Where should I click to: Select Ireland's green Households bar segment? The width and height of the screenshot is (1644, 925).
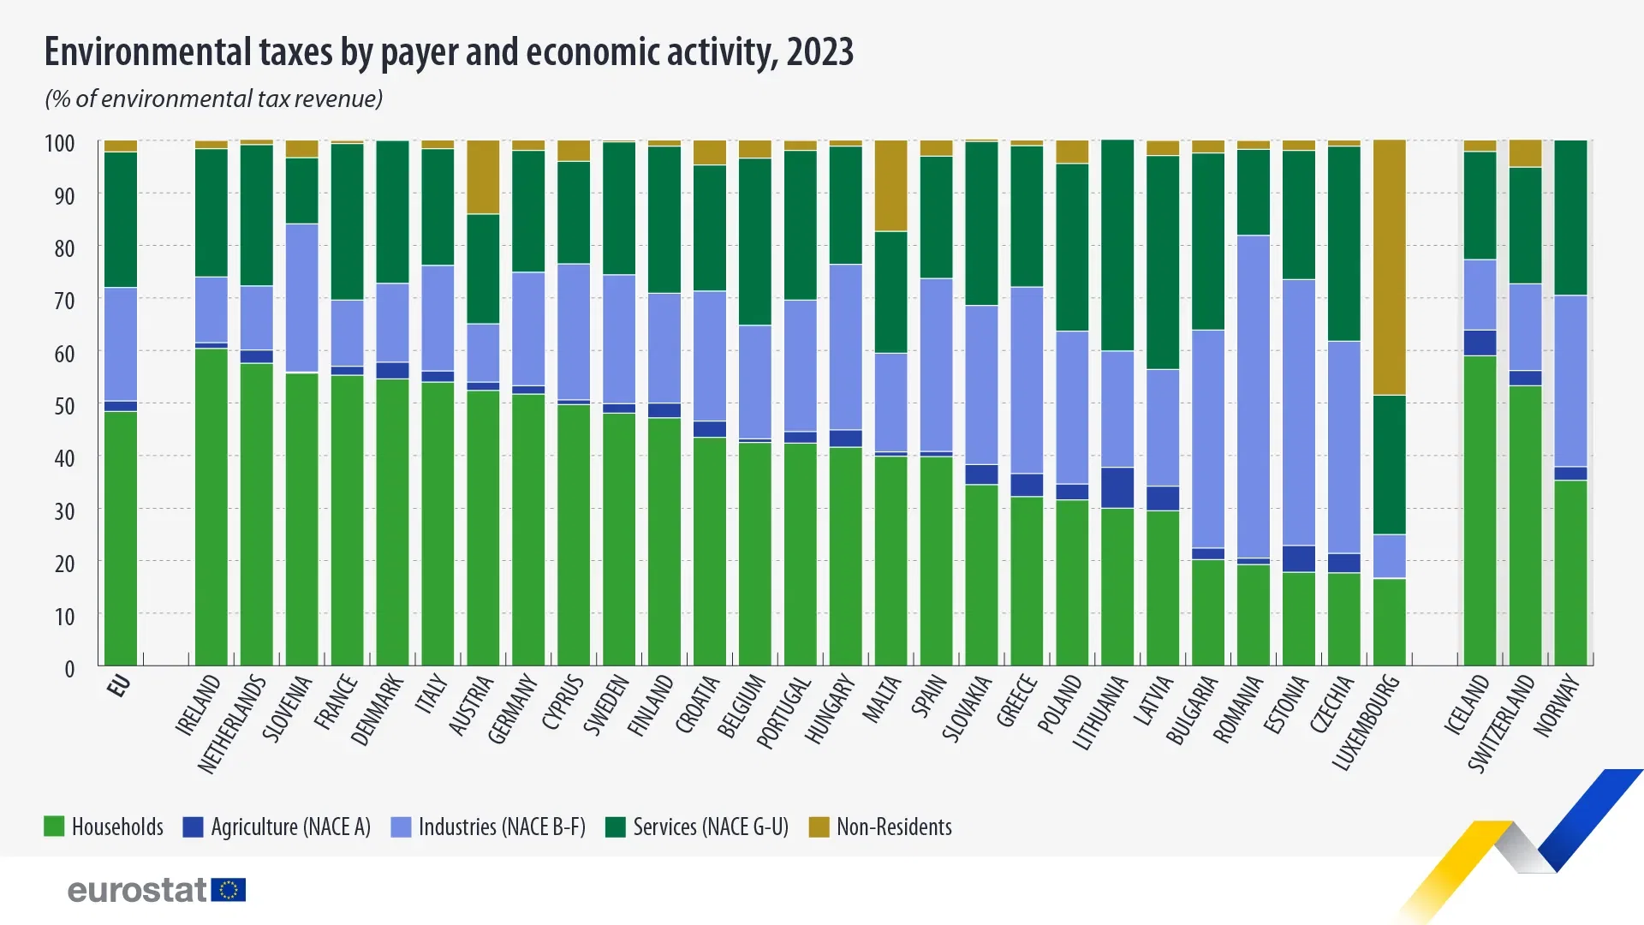click(211, 505)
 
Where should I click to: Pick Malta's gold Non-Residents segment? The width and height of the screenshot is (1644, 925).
click(890, 186)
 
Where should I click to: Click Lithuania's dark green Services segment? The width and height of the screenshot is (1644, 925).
click(1117, 245)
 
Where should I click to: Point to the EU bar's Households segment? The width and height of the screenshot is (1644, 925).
click(121, 538)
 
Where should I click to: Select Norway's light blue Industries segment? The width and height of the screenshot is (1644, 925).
click(1570, 381)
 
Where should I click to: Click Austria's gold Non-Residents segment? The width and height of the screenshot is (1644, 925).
click(483, 177)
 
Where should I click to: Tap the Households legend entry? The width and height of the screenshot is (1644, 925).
click(104, 827)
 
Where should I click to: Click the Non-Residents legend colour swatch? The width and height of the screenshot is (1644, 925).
click(819, 827)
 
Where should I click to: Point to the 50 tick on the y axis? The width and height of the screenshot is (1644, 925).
click(64, 406)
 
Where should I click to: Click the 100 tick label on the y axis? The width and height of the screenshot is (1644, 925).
click(60, 143)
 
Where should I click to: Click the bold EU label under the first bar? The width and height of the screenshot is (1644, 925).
click(119, 685)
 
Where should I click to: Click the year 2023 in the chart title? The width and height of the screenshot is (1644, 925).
click(819, 52)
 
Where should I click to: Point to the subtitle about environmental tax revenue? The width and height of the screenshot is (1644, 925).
click(213, 99)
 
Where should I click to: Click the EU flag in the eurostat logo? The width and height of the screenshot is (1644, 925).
click(229, 890)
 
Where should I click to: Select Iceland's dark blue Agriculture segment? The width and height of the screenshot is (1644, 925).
click(1480, 343)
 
